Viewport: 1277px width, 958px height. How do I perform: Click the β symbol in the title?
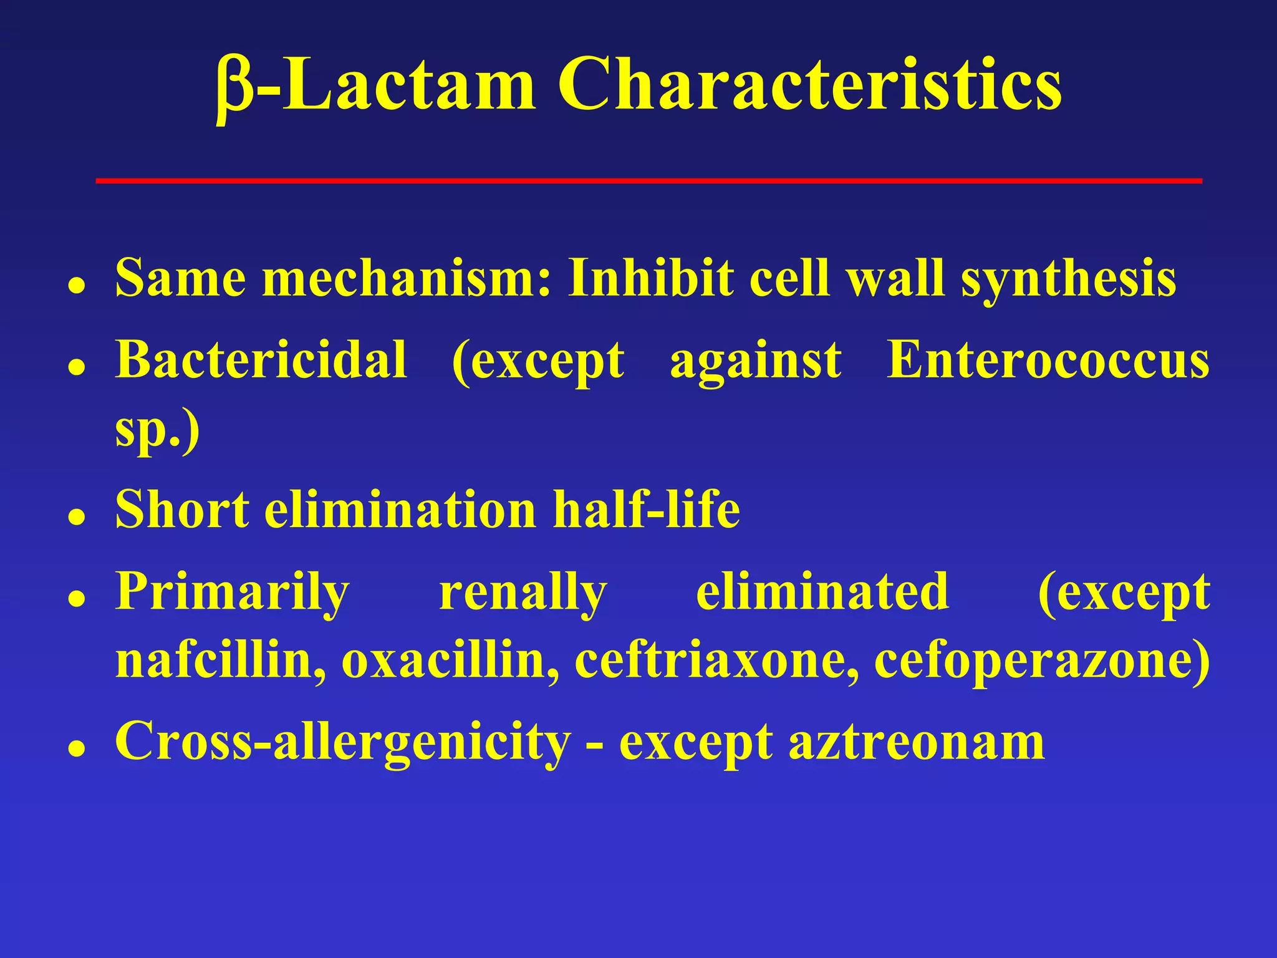coord(234,87)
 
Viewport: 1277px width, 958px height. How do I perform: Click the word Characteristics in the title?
coord(809,84)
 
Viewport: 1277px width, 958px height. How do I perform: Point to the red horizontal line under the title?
coord(648,181)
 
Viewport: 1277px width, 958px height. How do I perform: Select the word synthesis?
coord(1068,279)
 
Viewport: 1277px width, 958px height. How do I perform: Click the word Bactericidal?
coord(261,360)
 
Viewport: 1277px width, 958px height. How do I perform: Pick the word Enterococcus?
coord(1048,360)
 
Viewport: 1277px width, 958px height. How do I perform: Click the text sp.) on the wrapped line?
coord(157,430)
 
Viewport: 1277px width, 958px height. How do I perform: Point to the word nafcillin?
coord(220,660)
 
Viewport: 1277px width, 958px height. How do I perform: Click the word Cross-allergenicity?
coord(343,742)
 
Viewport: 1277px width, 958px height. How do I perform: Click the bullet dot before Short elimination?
coord(77,517)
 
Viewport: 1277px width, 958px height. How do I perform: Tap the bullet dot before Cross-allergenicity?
coord(77,750)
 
